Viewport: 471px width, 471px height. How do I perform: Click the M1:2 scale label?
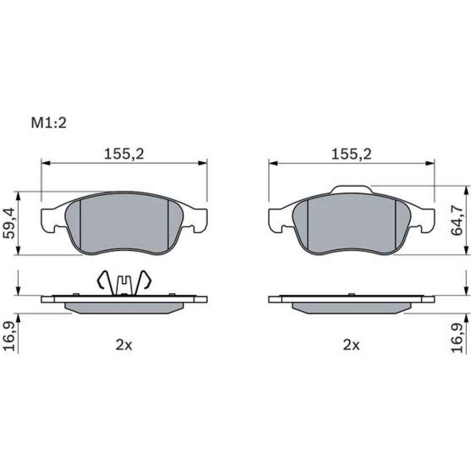pos(49,123)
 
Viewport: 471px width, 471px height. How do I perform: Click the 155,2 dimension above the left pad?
pos(124,154)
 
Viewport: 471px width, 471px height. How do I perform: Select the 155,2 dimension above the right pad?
pos(351,154)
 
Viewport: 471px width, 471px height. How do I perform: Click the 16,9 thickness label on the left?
pos(8,336)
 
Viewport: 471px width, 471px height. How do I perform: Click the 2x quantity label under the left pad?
pos(124,345)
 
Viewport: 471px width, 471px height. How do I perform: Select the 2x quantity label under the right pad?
pos(351,345)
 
